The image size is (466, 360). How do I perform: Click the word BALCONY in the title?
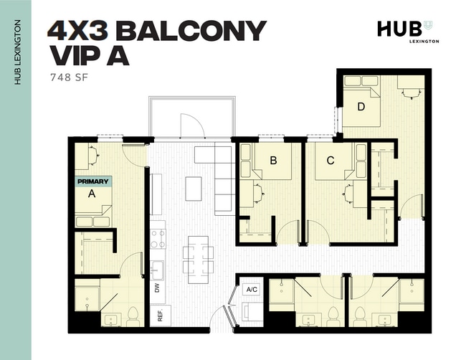191,31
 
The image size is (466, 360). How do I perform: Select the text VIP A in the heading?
89,56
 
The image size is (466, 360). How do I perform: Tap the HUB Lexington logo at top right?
404,30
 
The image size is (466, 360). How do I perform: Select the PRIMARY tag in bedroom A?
92,181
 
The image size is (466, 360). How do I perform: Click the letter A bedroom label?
91,194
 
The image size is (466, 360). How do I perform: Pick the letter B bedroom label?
273,161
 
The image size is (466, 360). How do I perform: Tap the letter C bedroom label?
331,161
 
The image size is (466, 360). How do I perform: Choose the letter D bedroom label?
361,108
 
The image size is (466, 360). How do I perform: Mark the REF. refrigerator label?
159,315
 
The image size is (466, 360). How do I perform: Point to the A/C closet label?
252,290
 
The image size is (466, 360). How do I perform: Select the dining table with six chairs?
198,255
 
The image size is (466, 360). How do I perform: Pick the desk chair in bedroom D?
409,92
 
